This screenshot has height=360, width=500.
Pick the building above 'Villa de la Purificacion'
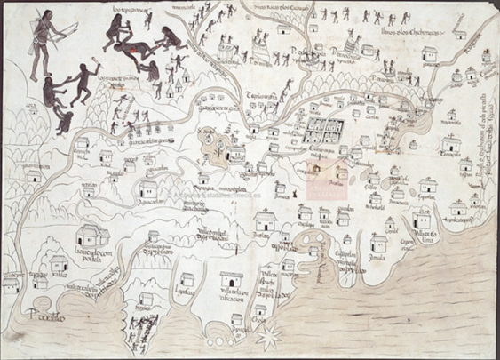coord(230,278)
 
